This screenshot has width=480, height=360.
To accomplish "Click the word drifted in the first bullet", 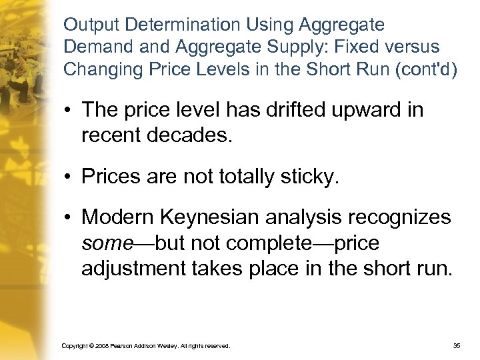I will (287, 109).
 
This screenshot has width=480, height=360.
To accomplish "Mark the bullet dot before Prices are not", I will (69, 177).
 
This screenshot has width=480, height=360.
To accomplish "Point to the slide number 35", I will (457, 346).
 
